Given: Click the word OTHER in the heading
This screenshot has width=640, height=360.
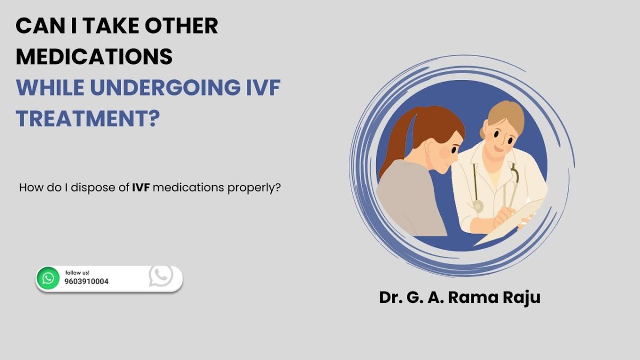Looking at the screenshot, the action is coord(181,26).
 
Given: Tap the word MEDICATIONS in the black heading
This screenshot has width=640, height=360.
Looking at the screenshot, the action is coord(94,57).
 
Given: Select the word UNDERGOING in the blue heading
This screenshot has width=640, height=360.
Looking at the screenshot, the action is coord(165,87).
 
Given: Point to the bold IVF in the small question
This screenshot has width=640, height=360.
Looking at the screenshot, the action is coord(141,188).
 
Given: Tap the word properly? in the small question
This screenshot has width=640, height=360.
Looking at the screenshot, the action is coord(254,188).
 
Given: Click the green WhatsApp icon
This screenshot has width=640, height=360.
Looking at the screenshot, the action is coord(48,278).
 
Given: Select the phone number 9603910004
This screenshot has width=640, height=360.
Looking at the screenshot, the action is coord(86,282).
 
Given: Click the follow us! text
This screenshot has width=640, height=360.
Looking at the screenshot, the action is coord(77,273).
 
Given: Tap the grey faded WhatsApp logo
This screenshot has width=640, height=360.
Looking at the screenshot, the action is coord(161,275).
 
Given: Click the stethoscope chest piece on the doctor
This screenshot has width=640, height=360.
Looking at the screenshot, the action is coord(477,206).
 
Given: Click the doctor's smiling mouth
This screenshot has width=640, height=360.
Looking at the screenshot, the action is coord(499,149).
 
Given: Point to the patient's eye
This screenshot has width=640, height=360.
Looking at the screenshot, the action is coord(454,150).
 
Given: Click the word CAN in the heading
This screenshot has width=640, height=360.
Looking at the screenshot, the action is coord(41,26).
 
